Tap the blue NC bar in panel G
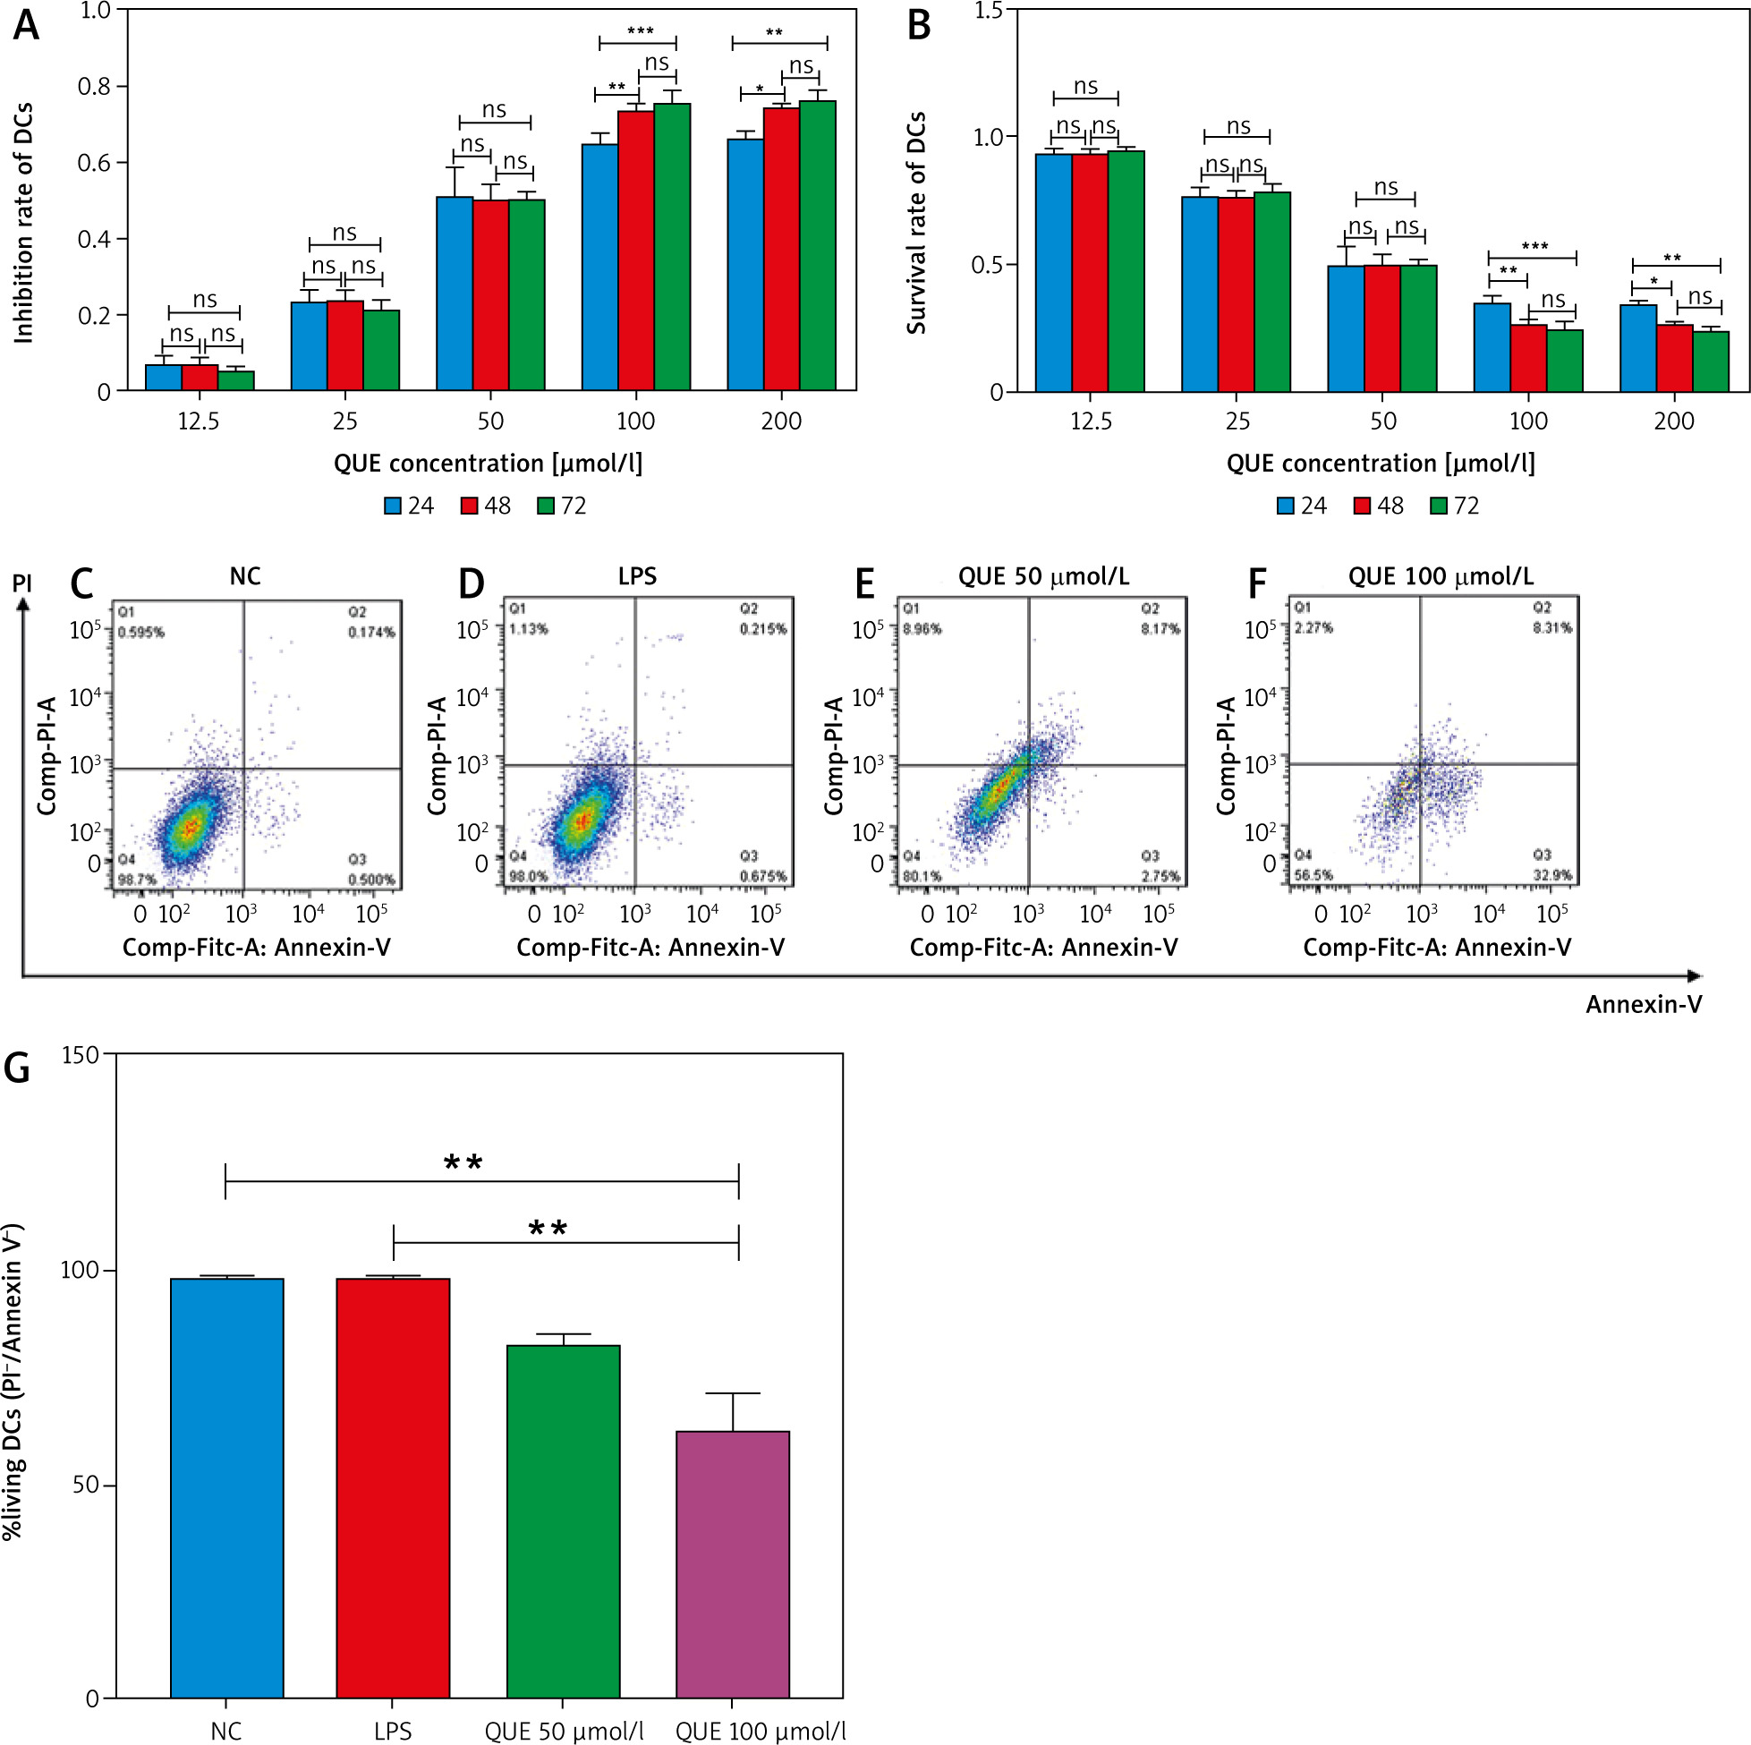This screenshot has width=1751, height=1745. pyautogui.click(x=226, y=1487)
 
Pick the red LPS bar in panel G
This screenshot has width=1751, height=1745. pyautogui.click(x=393, y=1487)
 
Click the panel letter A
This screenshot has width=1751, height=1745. pyautogui.click(x=26, y=25)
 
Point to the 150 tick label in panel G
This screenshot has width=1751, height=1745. pyautogui.click(x=80, y=1055)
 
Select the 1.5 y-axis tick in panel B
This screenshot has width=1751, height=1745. pyautogui.click(x=989, y=11)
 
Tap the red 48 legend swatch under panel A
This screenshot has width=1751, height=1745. pyautogui.click(x=470, y=506)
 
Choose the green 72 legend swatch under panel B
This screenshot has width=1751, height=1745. pyautogui.click(x=1439, y=506)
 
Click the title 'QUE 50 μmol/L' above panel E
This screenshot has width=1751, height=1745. pyautogui.click(x=1043, y=576)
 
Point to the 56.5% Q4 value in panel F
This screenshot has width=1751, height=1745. pyautogui.click(x=1313, y=875)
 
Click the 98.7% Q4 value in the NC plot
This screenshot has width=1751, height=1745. pyautogui.click(x=137, y=880)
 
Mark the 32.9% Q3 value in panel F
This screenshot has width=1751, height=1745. pyautogui.click(x=1551, y=875)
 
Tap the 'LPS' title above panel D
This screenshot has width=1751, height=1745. pyautogui.click(x=637, y=576)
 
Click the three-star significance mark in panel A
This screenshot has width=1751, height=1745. pyautogui.click(x=640, y=31)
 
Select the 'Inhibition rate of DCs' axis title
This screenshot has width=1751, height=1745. pyautogui.click(x=23, y=223)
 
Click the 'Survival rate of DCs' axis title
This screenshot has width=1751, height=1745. pyautogui.click(x=916, y=223)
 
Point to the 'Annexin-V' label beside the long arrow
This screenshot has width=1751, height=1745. pyautogui.click(x=1643, y=1004)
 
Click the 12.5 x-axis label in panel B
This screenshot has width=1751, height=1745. pyautogui.click(x=1091, y=421)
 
